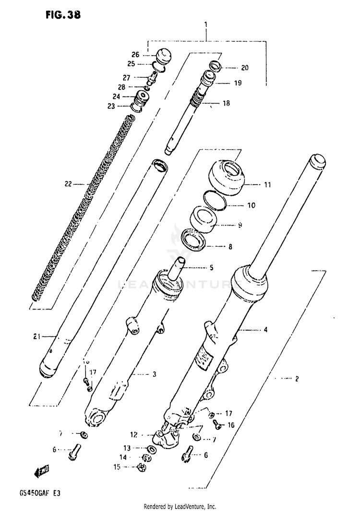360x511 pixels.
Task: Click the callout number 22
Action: (x=68, y=183)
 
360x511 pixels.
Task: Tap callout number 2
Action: (x=297, y=379)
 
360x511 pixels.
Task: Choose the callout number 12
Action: (x=134, y=435)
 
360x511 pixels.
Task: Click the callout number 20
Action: (x=245, y=68)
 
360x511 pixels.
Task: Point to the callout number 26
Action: (x=135, y=54)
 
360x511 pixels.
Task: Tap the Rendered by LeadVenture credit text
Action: (x=180, y=507)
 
